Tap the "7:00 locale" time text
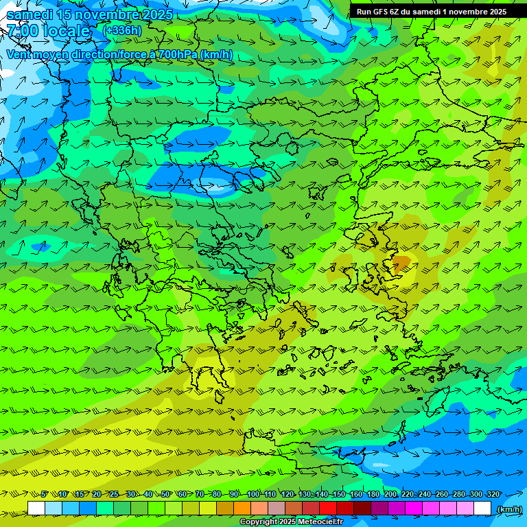[x=48, y=31]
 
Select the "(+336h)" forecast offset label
[x=121, y=30]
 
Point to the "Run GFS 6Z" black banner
[x=432, y=12]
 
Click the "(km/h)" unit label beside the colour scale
[x=508, y=509]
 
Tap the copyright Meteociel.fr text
[x=291, y=522]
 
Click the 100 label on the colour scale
[x=253, y=495]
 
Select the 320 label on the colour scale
[x=493, y=495]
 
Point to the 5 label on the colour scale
[x=45, y=495]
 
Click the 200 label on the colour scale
[x=390, y=495]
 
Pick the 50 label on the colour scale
[x=165, y=495]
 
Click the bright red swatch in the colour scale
[x=328, y=508]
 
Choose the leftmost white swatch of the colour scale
[x=36, y=508]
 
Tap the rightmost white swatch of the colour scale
[x=482, y=508]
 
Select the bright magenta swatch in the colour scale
[x=414, y=508]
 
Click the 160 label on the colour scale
[x=356, y=495]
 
